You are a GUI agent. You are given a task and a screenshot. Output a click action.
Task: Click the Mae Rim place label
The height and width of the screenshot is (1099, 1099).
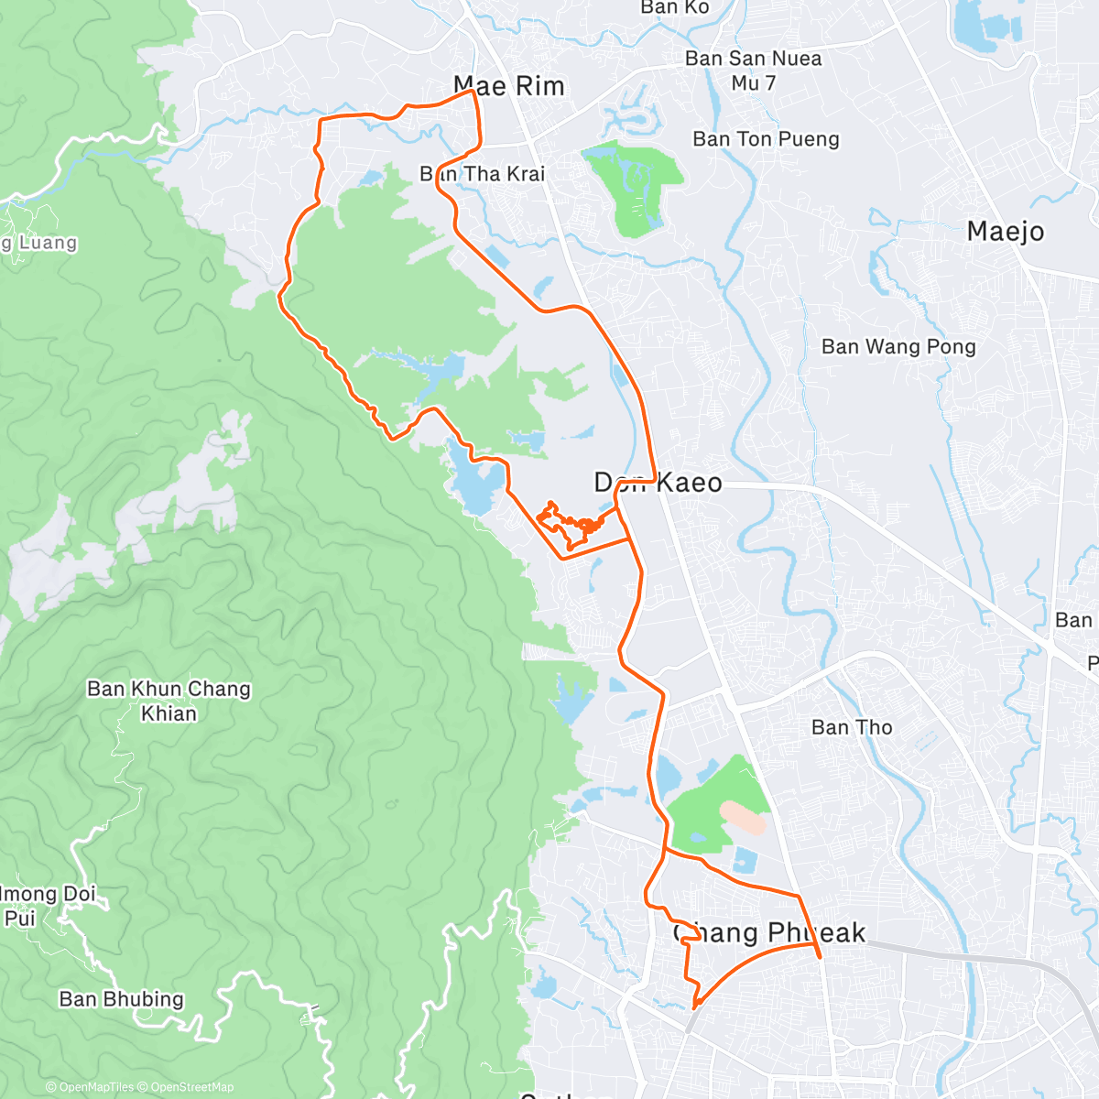[509, 86]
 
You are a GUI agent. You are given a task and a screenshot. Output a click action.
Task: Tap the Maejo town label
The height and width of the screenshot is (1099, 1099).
[1005, 231]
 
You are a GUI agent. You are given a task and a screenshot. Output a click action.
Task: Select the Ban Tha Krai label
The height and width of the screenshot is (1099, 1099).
[483, 173]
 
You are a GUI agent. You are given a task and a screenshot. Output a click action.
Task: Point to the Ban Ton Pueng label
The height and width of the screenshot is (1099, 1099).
[766, 139]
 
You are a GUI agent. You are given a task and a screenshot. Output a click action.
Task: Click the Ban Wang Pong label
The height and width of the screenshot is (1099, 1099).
[898, 346]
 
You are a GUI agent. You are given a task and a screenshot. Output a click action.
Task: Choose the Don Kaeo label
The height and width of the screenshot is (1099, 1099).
[658, 483]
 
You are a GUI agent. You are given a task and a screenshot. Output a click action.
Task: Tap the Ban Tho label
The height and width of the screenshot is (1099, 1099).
[852, 727]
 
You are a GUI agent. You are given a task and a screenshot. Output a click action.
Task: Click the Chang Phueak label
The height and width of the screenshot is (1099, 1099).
[769, 933]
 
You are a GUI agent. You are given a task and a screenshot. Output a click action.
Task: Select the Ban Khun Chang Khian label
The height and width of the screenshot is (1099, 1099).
[169, 701]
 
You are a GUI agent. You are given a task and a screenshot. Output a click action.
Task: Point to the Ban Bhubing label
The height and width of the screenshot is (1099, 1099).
[121, 999]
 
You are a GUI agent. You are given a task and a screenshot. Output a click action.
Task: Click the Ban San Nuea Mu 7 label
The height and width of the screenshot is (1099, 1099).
[753, 71]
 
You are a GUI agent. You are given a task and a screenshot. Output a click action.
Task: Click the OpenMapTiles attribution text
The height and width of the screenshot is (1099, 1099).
[96, 1087]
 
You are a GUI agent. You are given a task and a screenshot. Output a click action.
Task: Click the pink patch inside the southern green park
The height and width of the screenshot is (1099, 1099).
[743, 817]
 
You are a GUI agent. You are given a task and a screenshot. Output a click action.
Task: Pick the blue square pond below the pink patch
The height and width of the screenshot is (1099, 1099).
[745, 861]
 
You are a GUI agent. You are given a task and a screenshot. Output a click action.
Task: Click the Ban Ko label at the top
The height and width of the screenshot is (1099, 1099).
[674, 7]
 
